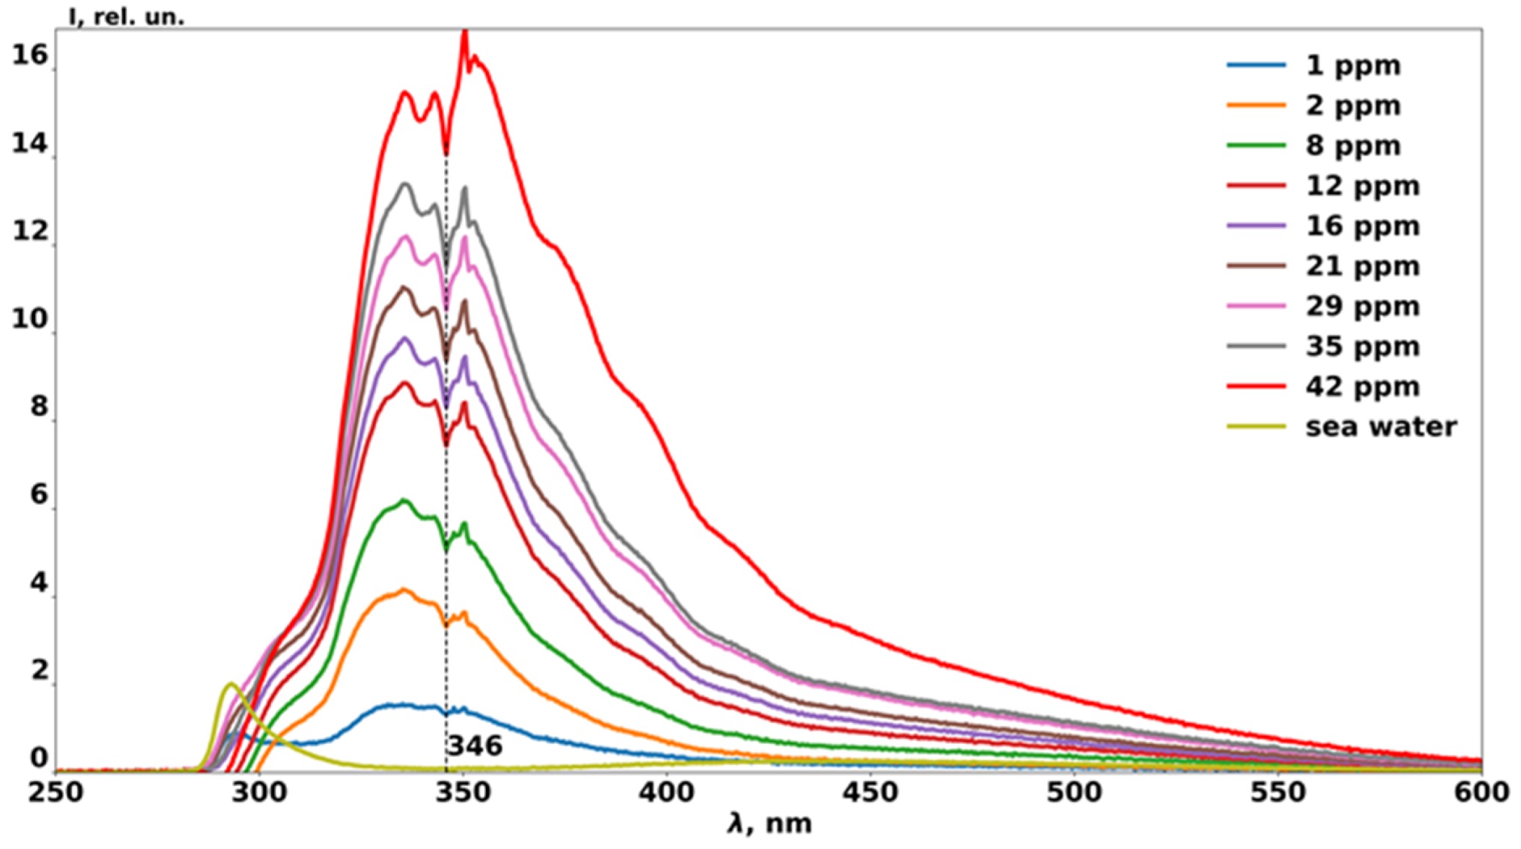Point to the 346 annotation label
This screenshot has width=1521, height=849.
click(475, 746)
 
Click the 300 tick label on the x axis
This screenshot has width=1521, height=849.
click(259, 793)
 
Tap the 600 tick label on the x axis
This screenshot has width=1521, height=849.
click(1481, 793)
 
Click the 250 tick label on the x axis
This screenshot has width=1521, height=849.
click(56, 793)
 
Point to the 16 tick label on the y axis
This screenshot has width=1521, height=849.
click(30, 55)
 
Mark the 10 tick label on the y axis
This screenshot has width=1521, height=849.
click(30, 319)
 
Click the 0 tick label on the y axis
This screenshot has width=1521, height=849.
click(39, 758)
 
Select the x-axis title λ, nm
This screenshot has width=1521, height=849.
click(769, 824)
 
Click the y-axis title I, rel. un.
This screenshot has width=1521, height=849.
click(126, 16)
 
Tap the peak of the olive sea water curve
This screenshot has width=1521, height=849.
click(231, 683)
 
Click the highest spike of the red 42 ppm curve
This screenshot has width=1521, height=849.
click(464, 31)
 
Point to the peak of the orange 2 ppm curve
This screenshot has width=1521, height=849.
click(405, 590)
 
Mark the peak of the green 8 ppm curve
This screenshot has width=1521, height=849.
click(405, 500)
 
